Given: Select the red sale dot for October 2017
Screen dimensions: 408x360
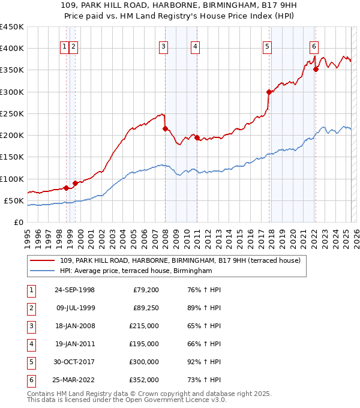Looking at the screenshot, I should [269, 92].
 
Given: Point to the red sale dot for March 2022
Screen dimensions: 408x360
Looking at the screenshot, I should [316, 69].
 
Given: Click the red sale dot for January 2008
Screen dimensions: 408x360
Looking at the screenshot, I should [165, 128].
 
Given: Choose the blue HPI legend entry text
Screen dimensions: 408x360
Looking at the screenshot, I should [136, 271].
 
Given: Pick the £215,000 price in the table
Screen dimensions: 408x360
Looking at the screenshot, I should [144, 326].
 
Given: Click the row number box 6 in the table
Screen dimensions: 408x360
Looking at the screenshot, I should [31, 380].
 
